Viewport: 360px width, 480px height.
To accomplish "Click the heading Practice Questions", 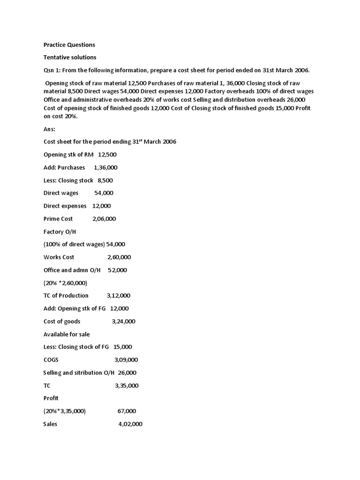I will [x=69, y=45].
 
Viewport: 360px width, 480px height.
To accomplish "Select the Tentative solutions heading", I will [x=70, y=57].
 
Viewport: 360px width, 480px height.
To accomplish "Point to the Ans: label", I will [x=49, y=129].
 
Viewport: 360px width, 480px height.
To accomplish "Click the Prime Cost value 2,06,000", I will [x=104, y=219].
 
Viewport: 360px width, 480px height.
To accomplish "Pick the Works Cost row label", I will [x=59, y=257].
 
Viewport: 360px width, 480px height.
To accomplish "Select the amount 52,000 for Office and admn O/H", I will [x=117, y=270].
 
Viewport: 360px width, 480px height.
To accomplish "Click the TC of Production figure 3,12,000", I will [x=119, y=296].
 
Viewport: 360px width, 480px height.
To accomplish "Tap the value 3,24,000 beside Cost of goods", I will [x=123, y=322].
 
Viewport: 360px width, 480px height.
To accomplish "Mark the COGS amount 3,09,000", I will [x=126, y=360].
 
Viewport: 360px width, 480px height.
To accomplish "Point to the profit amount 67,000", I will [x=127, y=411].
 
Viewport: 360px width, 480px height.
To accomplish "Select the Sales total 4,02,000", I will [x=130, y=424].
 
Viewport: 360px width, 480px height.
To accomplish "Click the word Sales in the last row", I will [x=50, y=424].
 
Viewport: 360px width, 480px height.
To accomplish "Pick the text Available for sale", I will [x=67, y=334].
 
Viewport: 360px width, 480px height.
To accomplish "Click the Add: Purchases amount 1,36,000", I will [x=105, y=167].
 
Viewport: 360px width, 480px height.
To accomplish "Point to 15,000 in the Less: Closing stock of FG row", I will [x=123, y=347].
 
